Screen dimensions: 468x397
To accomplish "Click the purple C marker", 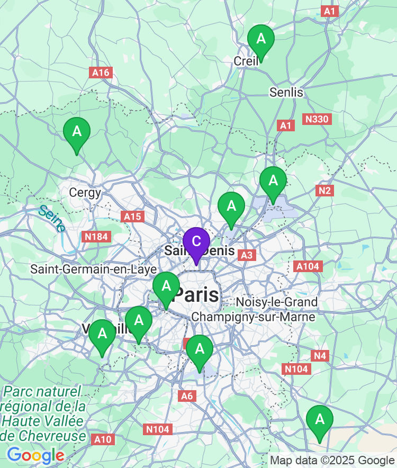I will coord(196,242).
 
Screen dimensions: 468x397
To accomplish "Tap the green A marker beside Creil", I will coord(261,39).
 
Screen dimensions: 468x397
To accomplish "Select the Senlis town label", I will coord(286,92).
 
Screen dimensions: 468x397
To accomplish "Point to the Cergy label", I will coord(85,193).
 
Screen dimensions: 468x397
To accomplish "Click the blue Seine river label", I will coord(52,218).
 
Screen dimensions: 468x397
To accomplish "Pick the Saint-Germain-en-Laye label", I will coord(93,269).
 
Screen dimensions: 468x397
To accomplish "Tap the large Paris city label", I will coord(197,294).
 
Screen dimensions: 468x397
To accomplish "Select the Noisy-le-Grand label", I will coord(277,302).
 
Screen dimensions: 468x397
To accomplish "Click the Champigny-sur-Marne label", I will coord(253,317).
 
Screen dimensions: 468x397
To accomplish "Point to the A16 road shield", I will coord(101,73).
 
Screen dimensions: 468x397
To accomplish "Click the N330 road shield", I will coord(317,119).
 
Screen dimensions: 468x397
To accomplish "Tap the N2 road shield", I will coord(325,191).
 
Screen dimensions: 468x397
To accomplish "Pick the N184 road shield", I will coord(96,237).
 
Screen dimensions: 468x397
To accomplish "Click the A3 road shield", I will coord(247,255).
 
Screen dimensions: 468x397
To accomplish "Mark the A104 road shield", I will coord(308,266).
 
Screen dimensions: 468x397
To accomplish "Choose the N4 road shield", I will coord(320,356).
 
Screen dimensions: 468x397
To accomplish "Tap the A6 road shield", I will coord(187,395).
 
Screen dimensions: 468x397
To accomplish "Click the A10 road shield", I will coord(103,439).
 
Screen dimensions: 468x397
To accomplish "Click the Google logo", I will coord(35,455).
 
